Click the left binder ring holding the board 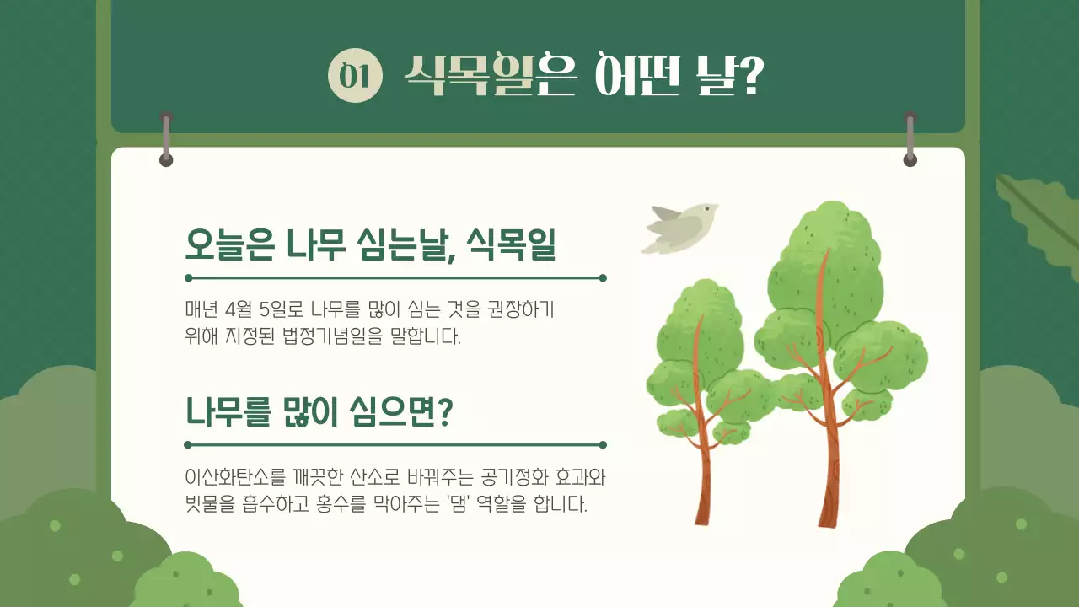click(x=166, y=138)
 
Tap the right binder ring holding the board click(x=910, y=138)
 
